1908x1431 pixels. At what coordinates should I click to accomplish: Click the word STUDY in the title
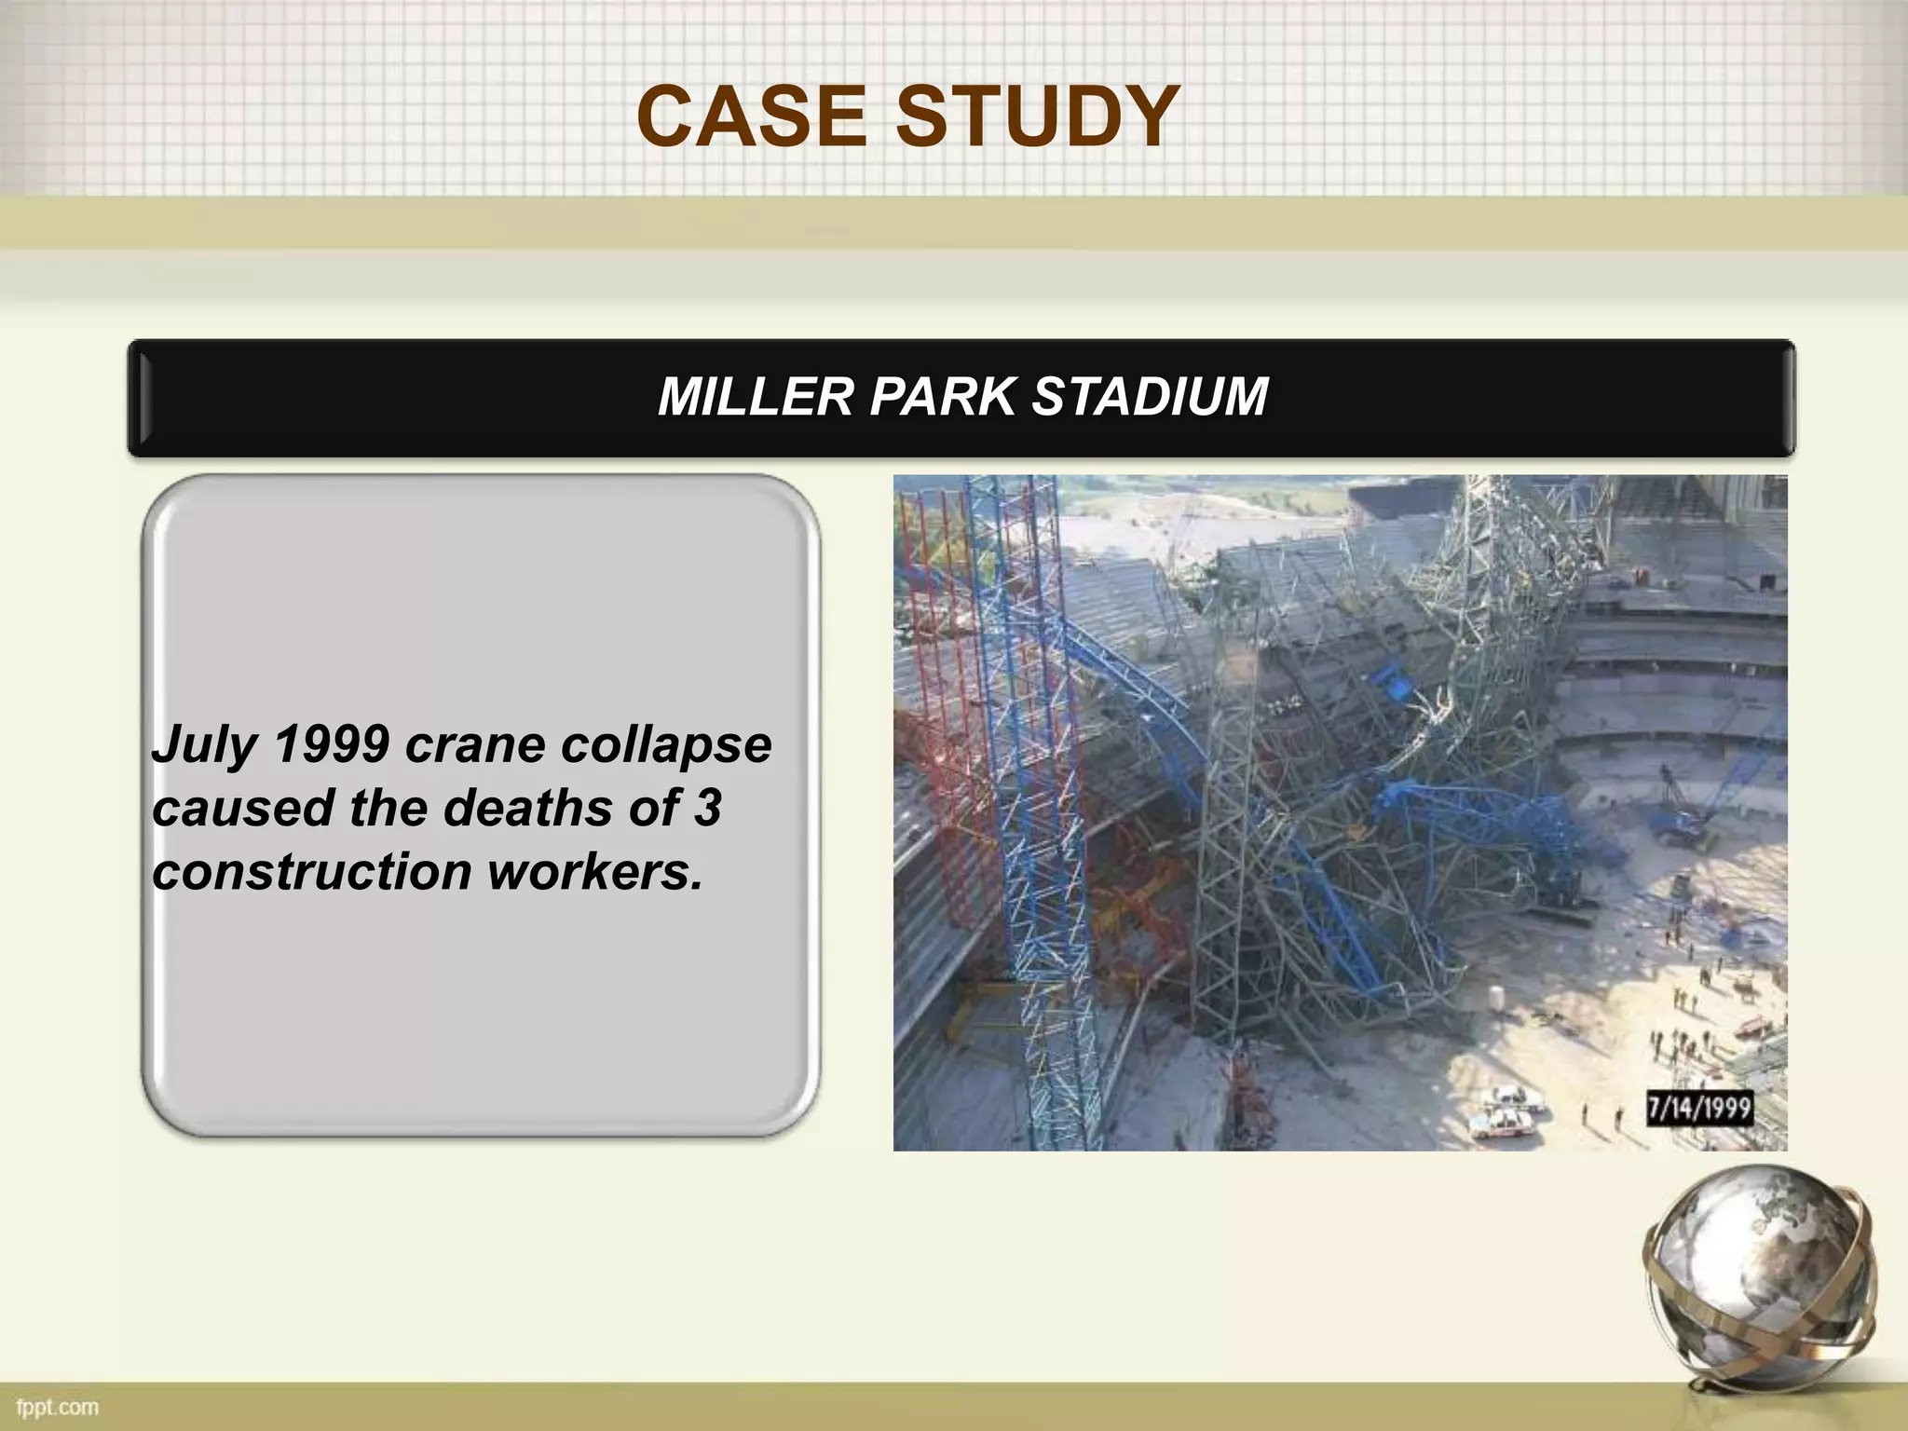[1038, 116]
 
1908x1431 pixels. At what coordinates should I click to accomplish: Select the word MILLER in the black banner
[756, 397]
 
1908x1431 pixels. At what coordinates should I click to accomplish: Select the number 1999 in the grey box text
[332, 745]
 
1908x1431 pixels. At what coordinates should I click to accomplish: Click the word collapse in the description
[666, 745]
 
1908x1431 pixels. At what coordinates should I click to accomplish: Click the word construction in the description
[311, 872]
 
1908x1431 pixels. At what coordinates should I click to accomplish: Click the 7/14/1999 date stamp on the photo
[1698, 1109]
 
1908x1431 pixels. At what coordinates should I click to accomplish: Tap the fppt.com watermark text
[58, 1406]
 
